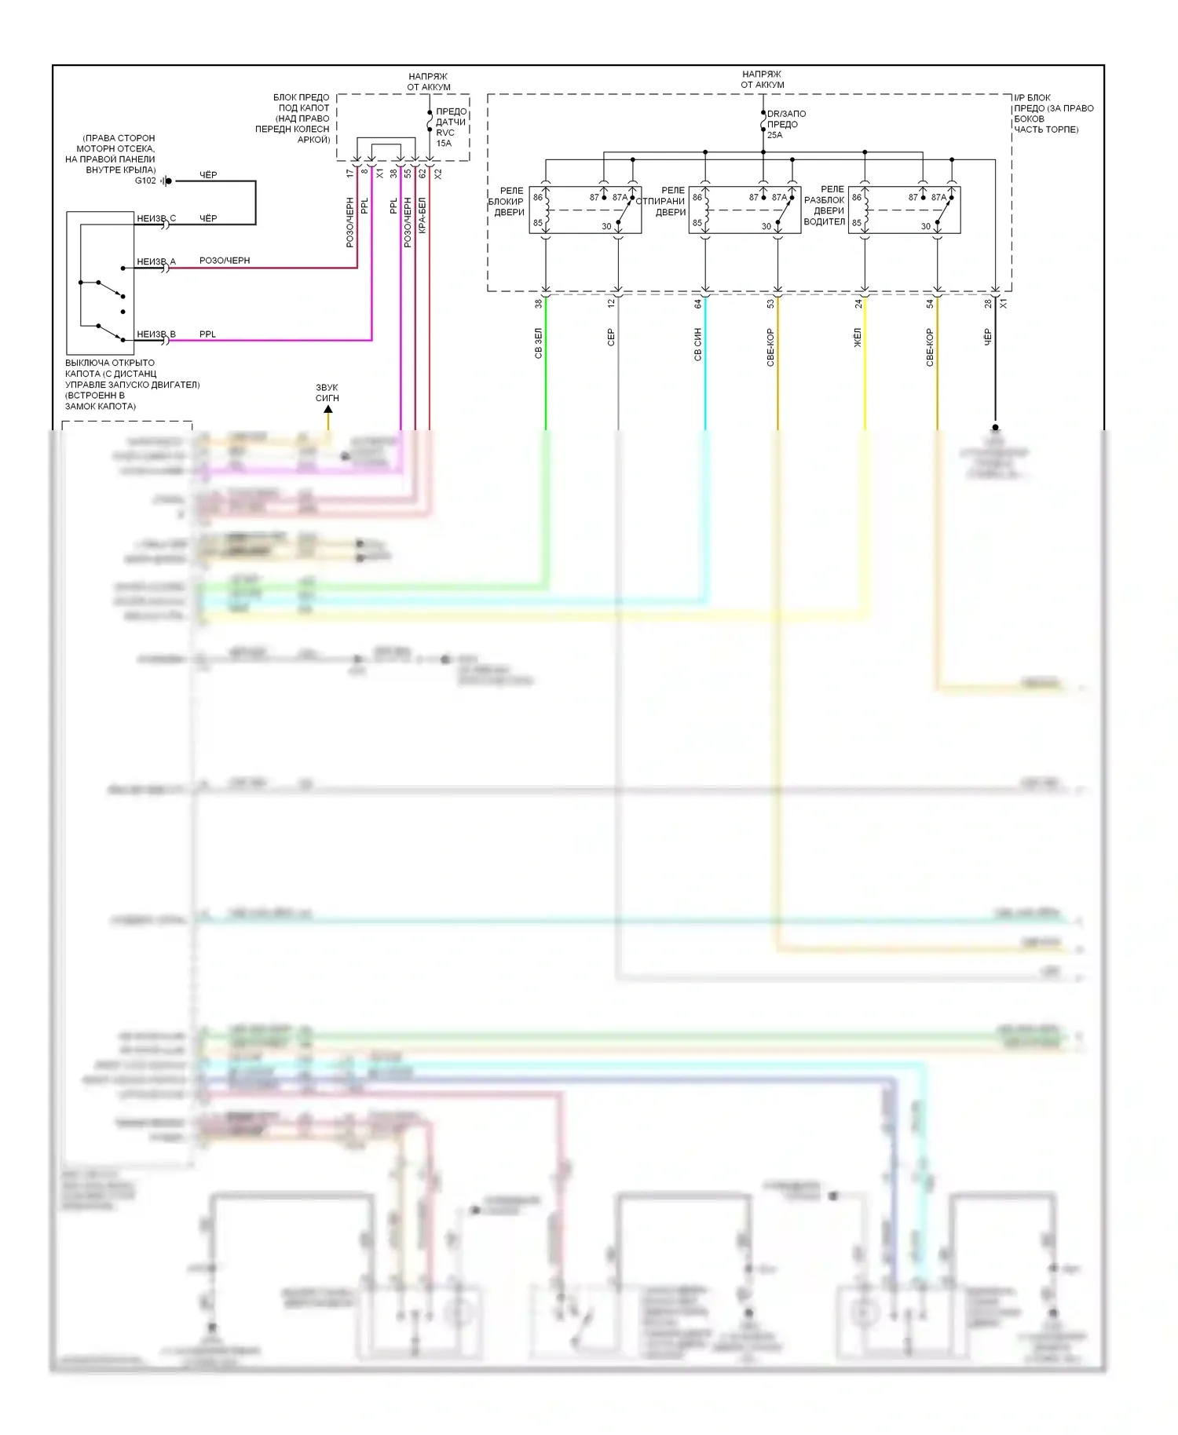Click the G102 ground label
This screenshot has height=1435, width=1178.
pyautogui.click(x=145, y=181)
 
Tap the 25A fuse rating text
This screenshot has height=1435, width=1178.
pyautogui.click(x=774, y=135)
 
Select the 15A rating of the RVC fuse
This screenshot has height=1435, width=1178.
pyautogui.click(x=444, y=144)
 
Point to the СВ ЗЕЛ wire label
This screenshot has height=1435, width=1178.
pyautogui.click(x=539, y=344)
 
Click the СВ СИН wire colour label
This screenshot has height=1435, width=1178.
pyautogui.click(x=697, y=344)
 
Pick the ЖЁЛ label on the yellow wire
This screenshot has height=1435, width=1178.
pyautogui.click(x=858, y=338)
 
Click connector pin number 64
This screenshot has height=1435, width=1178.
pyautogui.click(x=697, y=303)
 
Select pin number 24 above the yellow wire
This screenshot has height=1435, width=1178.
pyautogui.click(x=858, y=303)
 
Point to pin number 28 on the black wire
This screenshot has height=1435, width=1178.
pyautogui.click(x=988, y=303)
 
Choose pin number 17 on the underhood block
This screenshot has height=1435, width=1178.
pyautogui.click(x=350, y=173)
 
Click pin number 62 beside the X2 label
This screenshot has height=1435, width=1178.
pyautogui.click(x=422, y=173)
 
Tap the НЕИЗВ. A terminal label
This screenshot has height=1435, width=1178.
pyautogui.click(x=156, y=261)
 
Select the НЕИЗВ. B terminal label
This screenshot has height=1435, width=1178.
pyautogui.click(x=156, y=334)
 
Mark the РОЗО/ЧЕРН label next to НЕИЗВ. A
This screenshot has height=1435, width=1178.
pyautogui.click(x=225, y=261)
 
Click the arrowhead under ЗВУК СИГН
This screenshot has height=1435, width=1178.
pyautogui.click(x=328, y=409)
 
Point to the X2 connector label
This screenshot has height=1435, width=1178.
pyautogui.click(x=437, y=173)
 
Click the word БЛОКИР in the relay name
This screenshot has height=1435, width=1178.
pyautogui.click(x=506, y=202)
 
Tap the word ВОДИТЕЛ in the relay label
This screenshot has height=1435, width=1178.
pyautogui.click(x=825, y=221)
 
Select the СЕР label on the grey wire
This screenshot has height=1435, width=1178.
pyautogui.click(x=611, y=338)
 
